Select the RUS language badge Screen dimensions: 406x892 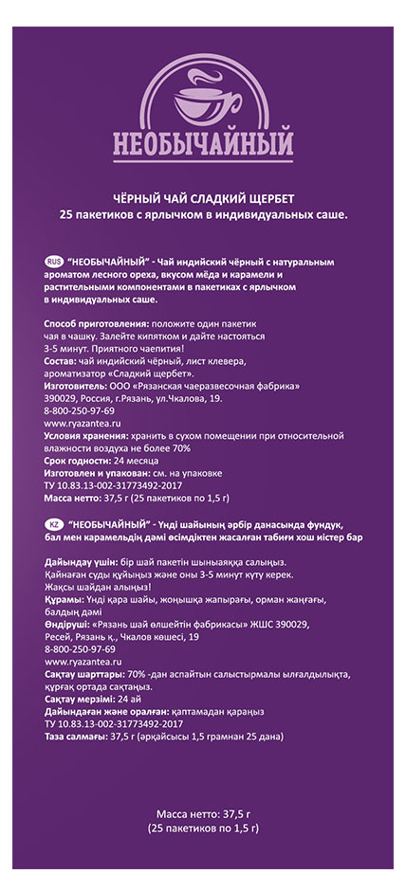coord(53,260)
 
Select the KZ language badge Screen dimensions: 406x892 coord(53,524)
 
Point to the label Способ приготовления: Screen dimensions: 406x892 coord(84,324)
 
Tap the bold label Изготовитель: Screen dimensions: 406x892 coord(76,386)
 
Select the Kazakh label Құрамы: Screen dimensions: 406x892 coord(63,599)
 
